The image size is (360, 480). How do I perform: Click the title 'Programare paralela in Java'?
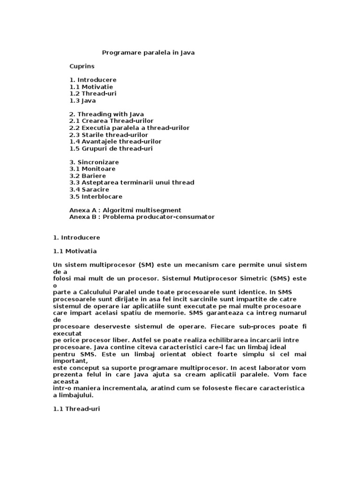(148, 53)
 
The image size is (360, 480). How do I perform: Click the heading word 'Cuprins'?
(82, 67)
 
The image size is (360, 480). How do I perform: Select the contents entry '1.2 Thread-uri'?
(93, 93)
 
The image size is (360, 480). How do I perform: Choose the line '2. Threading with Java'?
(106, 114)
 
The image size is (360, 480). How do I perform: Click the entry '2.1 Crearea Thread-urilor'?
(111, 121)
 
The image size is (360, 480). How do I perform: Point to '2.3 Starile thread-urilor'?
(108, 135)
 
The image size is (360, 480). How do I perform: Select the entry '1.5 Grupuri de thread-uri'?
(111, 148)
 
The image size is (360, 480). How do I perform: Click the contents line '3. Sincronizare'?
(94, 162)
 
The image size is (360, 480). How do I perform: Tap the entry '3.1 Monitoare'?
(92, 169)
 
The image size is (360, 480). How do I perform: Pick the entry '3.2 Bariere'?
(88, 175)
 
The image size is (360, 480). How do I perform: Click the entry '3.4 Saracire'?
(89, 189)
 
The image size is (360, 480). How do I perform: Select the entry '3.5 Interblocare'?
(96, 196)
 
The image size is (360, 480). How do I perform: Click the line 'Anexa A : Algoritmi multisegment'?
(125, 210)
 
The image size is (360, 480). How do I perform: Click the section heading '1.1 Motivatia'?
(75, 251)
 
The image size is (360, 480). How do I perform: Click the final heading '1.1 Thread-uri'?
(76, 409)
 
